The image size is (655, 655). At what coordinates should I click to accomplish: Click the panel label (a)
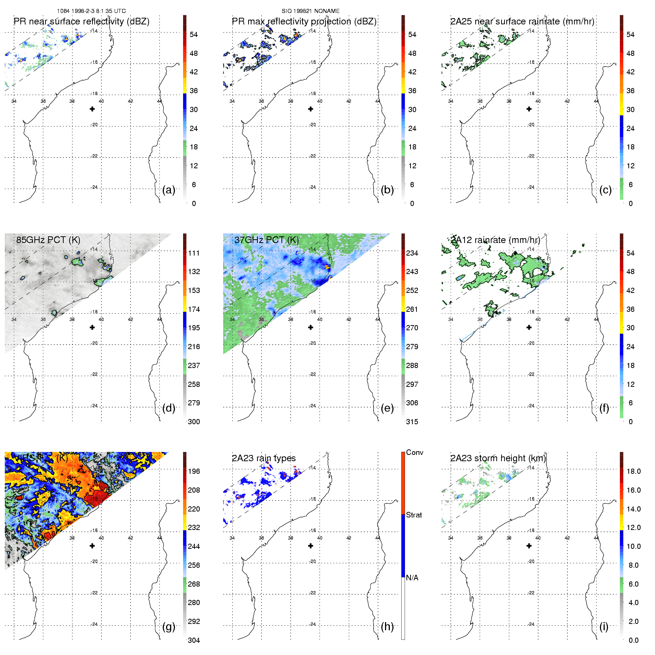tap(168, 190)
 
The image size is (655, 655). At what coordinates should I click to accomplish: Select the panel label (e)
tap(387, 408)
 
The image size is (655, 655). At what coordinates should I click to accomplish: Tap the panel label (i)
tap(604, 627)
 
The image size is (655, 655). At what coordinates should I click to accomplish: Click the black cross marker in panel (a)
tap(92, 109)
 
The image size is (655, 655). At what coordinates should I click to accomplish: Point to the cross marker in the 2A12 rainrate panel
tap(529, 327)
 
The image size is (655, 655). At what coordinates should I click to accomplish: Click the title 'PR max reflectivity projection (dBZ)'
tap(304, 21)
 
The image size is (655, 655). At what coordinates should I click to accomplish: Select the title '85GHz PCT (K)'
tap(48, 240)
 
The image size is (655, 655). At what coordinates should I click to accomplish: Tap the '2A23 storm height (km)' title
tap(498, 458)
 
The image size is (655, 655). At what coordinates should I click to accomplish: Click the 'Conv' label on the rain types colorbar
tap(414, 452)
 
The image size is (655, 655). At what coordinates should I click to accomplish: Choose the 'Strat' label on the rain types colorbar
tap(413, 515)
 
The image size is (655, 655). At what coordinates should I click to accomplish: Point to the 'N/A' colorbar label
tap(412, 578)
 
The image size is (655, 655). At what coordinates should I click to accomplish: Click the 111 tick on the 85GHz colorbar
tap(194, 253)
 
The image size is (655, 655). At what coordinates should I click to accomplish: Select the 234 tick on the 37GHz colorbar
tap(412, 253)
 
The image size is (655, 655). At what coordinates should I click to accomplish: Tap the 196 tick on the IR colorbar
tap(194, 471)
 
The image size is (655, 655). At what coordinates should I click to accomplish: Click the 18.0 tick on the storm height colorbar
tap(633, 471)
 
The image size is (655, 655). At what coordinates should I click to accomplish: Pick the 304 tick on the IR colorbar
tap(194, 640)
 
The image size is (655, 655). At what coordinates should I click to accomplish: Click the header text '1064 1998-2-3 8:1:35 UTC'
tap(91, 11)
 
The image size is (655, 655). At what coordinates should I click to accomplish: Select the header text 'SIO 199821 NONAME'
tap(311, 11)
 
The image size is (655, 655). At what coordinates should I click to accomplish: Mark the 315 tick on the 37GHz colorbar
tap(412, 422)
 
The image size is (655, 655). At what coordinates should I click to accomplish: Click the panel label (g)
tap(168, 627)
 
